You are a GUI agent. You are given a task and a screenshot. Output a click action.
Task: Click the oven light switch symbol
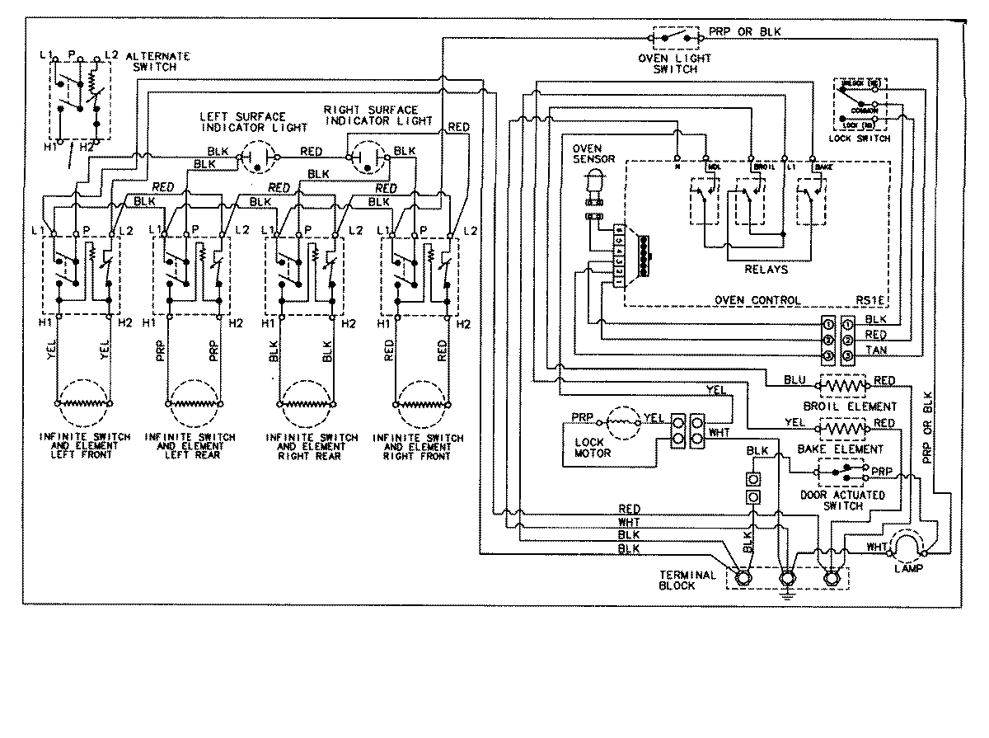675,38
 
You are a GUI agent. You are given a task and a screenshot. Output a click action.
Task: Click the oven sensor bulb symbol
592,184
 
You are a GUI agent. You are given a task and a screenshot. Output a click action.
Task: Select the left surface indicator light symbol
257,155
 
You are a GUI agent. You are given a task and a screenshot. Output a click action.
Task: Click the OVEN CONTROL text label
756,300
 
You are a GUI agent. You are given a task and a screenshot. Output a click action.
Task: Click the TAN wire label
876,351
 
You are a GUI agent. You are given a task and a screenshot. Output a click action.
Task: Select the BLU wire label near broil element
794,380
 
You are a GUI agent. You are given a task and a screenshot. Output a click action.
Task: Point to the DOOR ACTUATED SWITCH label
842,501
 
